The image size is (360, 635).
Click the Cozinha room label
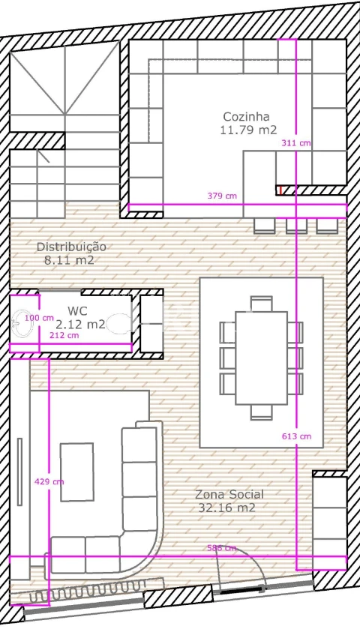(x=246, y=117)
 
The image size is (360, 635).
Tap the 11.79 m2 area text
(x=249, y=130)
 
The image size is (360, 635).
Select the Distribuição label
(x=72, y=247)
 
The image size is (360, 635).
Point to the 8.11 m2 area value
(x=69, y=259)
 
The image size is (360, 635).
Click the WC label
(x=77, y=311)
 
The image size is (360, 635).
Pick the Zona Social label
(x=229, y=494)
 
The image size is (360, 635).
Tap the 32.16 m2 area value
(x=226, y=508)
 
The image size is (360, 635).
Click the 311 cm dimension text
(x=296, y=142)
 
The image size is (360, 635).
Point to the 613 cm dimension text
(x=296, y=436)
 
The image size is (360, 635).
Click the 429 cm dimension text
(x=49, y=481)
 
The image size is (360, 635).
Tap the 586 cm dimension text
(x=221, y=548)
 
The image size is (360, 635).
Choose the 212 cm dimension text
(x=64, y=335)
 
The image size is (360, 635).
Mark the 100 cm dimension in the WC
(x=39, y=318)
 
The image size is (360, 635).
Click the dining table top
(x=262, y=358)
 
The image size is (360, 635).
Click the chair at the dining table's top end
(x=261, y=304)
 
